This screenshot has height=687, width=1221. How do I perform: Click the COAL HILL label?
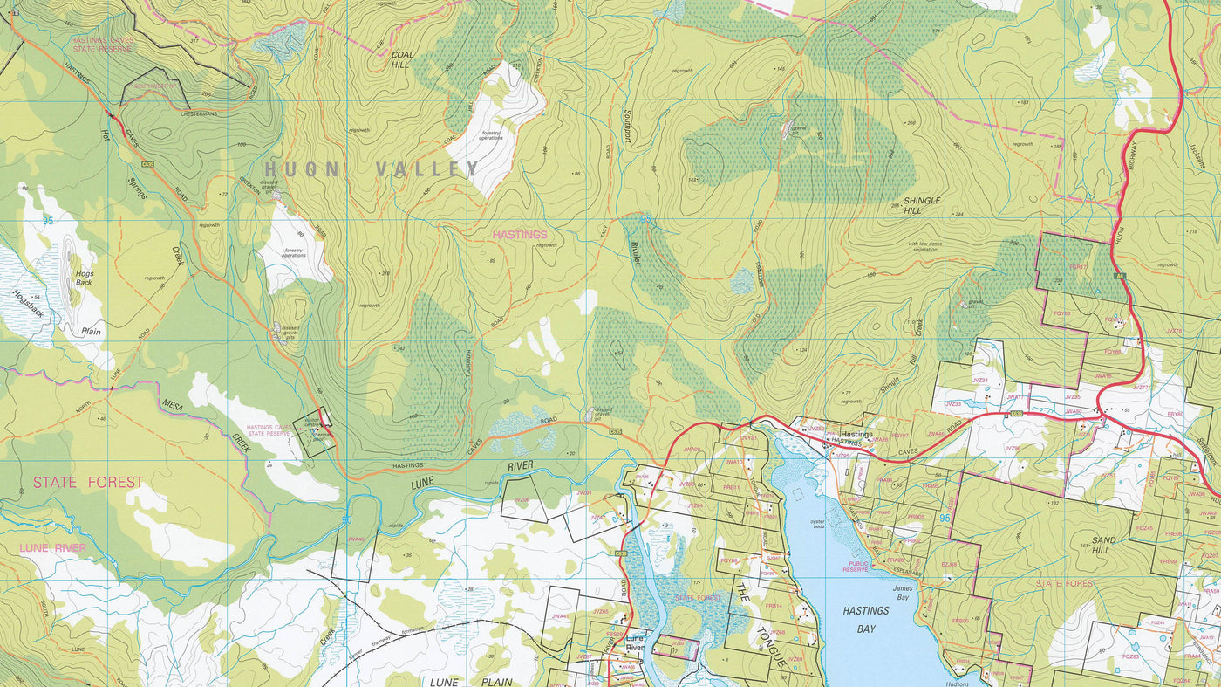pos(402,59)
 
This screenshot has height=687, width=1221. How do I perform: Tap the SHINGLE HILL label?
pos(922,205)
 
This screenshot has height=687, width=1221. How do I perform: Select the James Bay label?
pos(902,593)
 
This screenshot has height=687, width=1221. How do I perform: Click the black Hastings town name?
pos(856,434)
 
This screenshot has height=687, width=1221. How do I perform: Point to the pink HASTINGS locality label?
pos(520,235)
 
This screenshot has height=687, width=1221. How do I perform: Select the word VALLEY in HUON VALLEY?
pos(426,169)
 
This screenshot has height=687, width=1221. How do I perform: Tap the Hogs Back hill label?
pos(84,278)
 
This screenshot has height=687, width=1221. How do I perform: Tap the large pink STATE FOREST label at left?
pos(88,482)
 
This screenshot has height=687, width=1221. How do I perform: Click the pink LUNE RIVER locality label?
pos(53,547)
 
